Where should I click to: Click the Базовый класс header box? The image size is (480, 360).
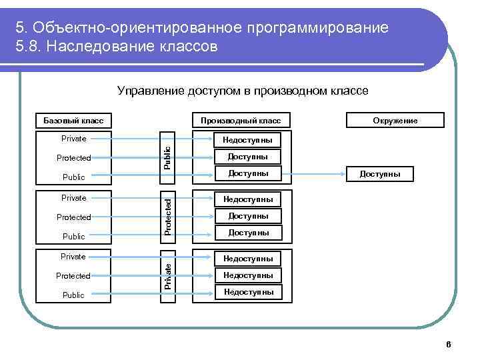pyautogui.click(x=73, y=121)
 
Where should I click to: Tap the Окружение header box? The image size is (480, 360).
pyautogui.click(x=395, y=121)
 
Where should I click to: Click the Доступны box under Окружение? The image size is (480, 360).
pyautogui.click(x=380, y=174)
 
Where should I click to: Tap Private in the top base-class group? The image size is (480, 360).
pyautogui.click(x=73, y=139)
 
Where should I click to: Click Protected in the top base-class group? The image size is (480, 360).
pyautogui.click(x=73, y=158)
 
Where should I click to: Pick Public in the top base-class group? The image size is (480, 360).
pyautogui.click(x=73, y=177)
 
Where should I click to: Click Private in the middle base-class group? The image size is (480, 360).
pyautogui.click(x=73, y=197)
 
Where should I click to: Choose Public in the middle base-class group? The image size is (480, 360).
pyautogui.click(x=73, y=236)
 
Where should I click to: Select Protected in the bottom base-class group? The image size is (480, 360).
pyautogui.click(x=73, y=275)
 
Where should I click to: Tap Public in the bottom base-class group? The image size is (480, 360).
pyautogui.click(x=73, y=295)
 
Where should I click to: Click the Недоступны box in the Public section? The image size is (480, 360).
pyautogui.click(x=248, y=140)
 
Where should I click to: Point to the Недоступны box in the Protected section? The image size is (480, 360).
pyautogui.click(x=248, y=199)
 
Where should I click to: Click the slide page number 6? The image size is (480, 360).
pyautogui.click(x=448, y=344)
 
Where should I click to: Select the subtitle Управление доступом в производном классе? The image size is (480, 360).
pyautogui.click(x=242, y=91)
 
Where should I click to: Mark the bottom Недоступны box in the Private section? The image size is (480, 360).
pyautogui.click(x=248, y=292)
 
